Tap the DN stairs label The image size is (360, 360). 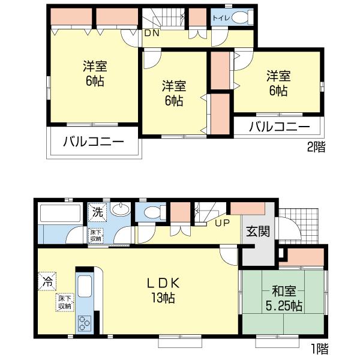[x=151, y=34]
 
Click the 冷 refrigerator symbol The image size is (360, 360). [x=46, y=280]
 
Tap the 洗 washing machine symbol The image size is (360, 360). [x=97, y=211]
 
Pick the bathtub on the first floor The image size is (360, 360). [x=59, y=214]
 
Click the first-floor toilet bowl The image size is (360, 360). [x=152, y=212]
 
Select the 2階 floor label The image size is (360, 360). [x=316, y=146]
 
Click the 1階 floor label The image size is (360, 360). [x=319, y=347]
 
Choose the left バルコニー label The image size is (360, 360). [x=94, y=143]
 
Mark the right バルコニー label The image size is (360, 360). [x=279, y=127]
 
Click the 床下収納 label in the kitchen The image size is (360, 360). [x=65, y=302]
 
